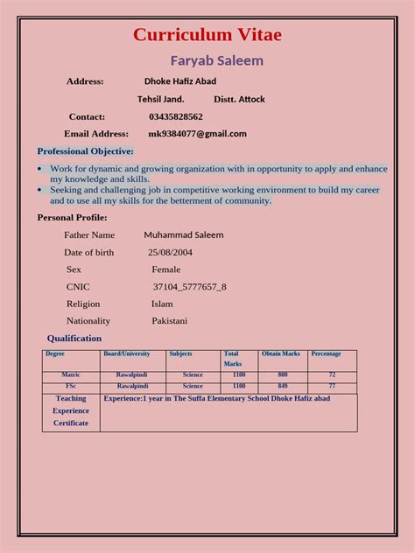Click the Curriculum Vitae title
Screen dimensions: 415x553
207,35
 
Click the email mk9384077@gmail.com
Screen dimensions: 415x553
197,134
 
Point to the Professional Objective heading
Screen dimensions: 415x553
85,151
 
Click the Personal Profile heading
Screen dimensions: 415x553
72,217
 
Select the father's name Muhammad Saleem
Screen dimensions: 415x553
184,235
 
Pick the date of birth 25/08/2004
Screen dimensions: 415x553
170,252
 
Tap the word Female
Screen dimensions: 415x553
165,269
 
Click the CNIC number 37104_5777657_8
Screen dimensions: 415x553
189,286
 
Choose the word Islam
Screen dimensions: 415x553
162,304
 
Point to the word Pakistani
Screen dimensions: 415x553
169,321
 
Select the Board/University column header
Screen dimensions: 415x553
127,354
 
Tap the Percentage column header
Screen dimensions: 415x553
327,354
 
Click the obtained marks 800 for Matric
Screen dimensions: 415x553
283,374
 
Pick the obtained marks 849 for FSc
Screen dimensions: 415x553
283,385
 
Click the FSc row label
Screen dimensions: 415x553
71,385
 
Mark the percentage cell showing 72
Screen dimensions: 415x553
332,374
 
